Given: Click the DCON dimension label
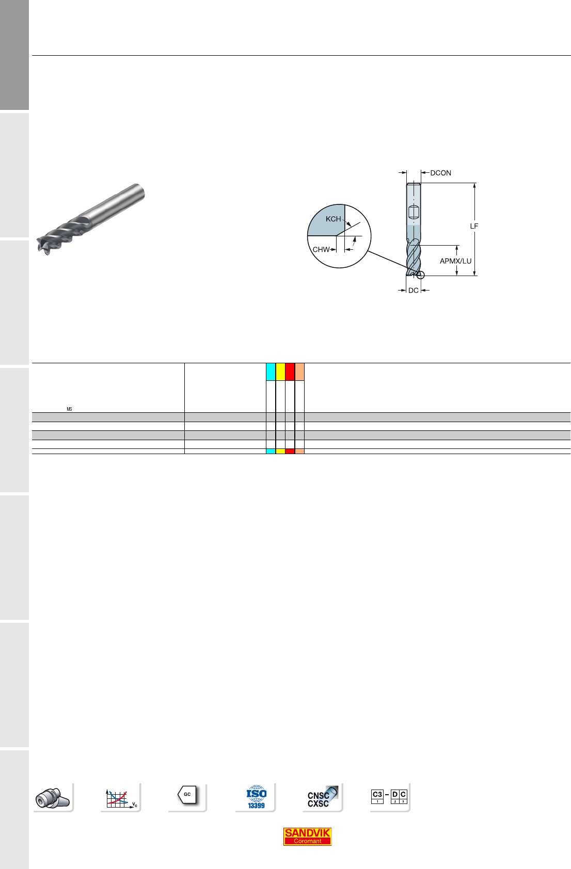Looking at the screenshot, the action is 440,173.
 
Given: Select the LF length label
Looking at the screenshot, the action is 474,226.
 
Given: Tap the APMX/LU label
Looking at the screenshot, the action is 455,261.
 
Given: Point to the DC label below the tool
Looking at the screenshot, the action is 414,290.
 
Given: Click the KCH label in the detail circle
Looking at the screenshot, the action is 333,219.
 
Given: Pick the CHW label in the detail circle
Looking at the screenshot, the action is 321,249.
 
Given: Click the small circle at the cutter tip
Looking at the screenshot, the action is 420,275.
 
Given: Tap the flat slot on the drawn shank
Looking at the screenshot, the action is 414,212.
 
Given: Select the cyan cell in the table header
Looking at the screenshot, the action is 271,372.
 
